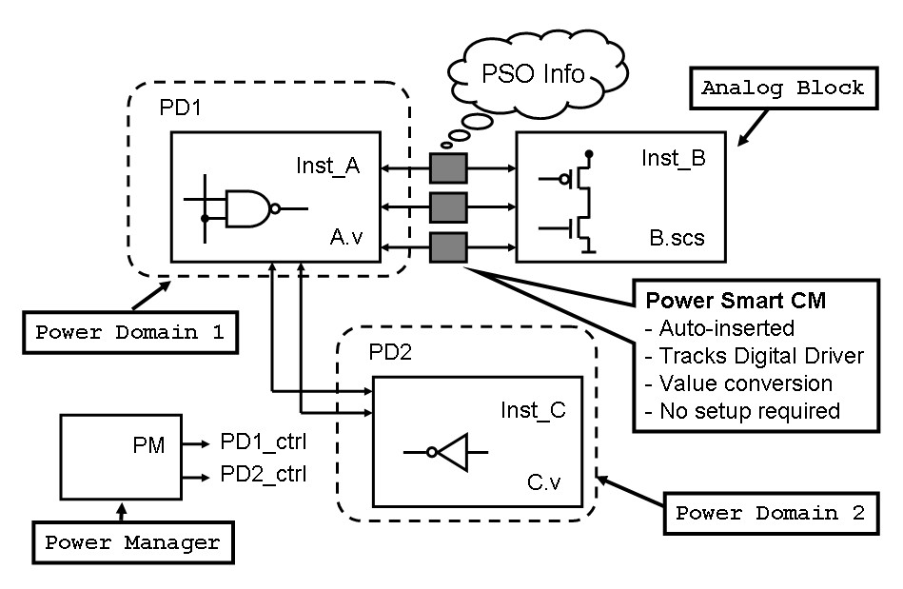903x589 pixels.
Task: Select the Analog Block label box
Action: pyautogui.click(x=782, y=88)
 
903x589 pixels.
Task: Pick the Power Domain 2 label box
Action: pyautogui.click(x=770, y=512)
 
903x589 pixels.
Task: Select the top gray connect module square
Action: pyautogui.click(x=448, y=169)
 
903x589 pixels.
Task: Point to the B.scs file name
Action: pyautogui.click(x=673, y=238)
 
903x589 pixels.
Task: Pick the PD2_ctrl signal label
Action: pyautogui.click(x=264, y=473)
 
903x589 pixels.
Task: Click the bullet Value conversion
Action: pyautogui.click(x=737, y=383)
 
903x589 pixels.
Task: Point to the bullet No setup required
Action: pyautogui.click(x=742, y=411)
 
